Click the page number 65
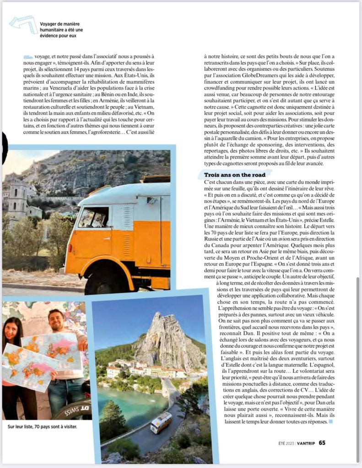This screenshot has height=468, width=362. (x=322, y=442)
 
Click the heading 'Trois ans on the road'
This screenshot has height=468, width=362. (x=234, y=175)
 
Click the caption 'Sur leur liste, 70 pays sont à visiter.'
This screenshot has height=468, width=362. (x=43, y=426)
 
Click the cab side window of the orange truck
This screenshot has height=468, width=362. (x=93, y=217)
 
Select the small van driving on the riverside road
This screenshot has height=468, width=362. (x=161, y=422)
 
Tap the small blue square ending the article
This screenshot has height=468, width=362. (x=331, y=421)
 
